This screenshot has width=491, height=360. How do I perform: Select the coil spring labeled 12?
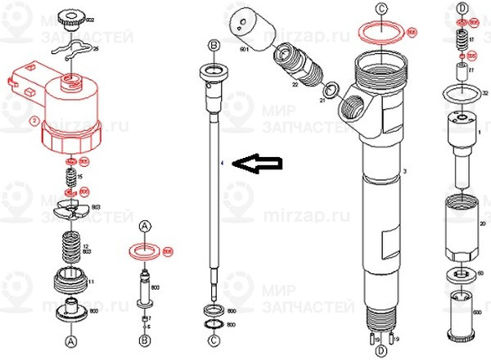(x=70, y=246)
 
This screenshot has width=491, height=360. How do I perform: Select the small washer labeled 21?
(x=331, y=91)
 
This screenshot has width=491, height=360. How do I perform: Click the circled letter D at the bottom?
(x=380, y=351)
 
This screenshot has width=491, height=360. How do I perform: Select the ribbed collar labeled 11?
(x=70, y=283)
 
